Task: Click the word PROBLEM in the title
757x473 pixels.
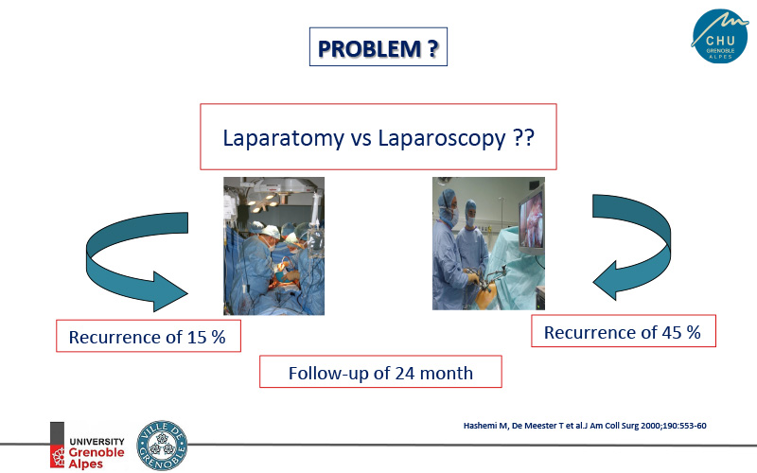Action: pyautogui.click(x=369, y=49)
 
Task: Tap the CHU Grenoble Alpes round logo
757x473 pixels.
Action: pyautogui.click(x=719, y=36)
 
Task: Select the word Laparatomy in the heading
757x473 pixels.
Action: pyautogui.click(x=283, y=138)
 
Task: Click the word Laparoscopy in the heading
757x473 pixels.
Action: pyautogui.click(x=442, y=138)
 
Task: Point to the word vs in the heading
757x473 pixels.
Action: pyautogui.click(x=361, y=139)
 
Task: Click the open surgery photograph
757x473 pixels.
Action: pyautogui.click(x=273, y=246)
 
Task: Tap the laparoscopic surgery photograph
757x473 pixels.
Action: pyautogui.click(x=488, y=243)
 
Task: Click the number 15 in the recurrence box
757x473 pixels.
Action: pyautogui.click(x=197, y=338)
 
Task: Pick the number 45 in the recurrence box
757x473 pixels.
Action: pyautogui.click(x=672, y=333)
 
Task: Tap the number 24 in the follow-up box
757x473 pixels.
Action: pyautogui.click(x=405, y=374)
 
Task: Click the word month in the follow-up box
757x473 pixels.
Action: pyautogui.click(x=447, y=374)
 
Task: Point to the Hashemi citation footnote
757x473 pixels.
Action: pyautogui.click(x=585, y=426)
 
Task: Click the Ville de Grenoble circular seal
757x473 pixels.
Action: pyautogui.click(x=162, y=445)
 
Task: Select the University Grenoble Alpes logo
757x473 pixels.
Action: pyautogui.click(x=87, y=445)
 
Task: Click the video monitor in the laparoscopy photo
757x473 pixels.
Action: pyautogui.click(x=532, y=222)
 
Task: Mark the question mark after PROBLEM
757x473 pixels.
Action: pyautogui.click(x=433, y=49)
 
